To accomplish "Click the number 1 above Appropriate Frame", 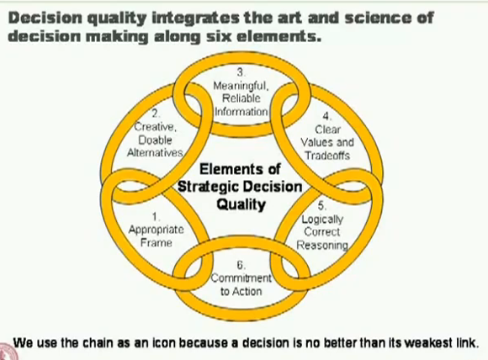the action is (155, 216).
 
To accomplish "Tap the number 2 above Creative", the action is (155, 114).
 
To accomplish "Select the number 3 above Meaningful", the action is (241, 72).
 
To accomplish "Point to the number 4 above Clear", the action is (326, 116).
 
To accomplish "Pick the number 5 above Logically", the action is (321, 206).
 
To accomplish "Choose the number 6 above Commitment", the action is (241, 265).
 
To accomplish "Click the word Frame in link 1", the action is (156, 242).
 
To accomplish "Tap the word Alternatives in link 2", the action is (155, 152).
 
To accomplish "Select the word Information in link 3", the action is (241, 111).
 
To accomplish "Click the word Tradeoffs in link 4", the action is (327, 156).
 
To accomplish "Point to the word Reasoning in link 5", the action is (322, 246).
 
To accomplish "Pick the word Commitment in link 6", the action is (241, 278).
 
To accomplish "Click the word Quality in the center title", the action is (241, 204).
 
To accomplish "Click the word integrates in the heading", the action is (195, 19).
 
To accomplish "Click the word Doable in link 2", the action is (155, 140).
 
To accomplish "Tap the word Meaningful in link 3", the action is (241, 86).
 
